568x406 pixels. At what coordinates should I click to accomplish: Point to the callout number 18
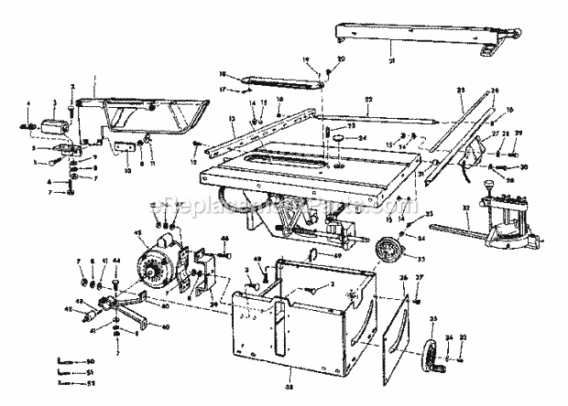[222, 73]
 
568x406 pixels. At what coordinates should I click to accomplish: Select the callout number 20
[341, 59]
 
